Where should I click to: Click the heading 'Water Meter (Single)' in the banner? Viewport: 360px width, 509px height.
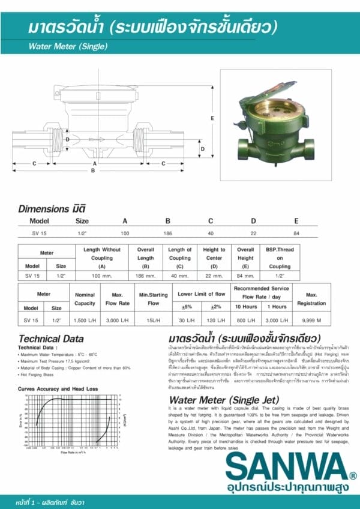[68, 46]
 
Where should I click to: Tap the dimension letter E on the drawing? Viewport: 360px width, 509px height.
[212, 118]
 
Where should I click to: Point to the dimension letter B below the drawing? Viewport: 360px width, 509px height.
[93, 170]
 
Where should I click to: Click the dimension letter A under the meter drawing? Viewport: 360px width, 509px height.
[94, 163]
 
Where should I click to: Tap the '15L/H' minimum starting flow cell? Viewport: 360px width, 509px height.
[154, 321]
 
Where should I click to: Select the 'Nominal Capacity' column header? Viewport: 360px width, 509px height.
[85, 299]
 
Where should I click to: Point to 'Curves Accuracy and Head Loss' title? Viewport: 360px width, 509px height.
[49, 388]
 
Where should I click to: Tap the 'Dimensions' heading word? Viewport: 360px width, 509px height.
[43, 209]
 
